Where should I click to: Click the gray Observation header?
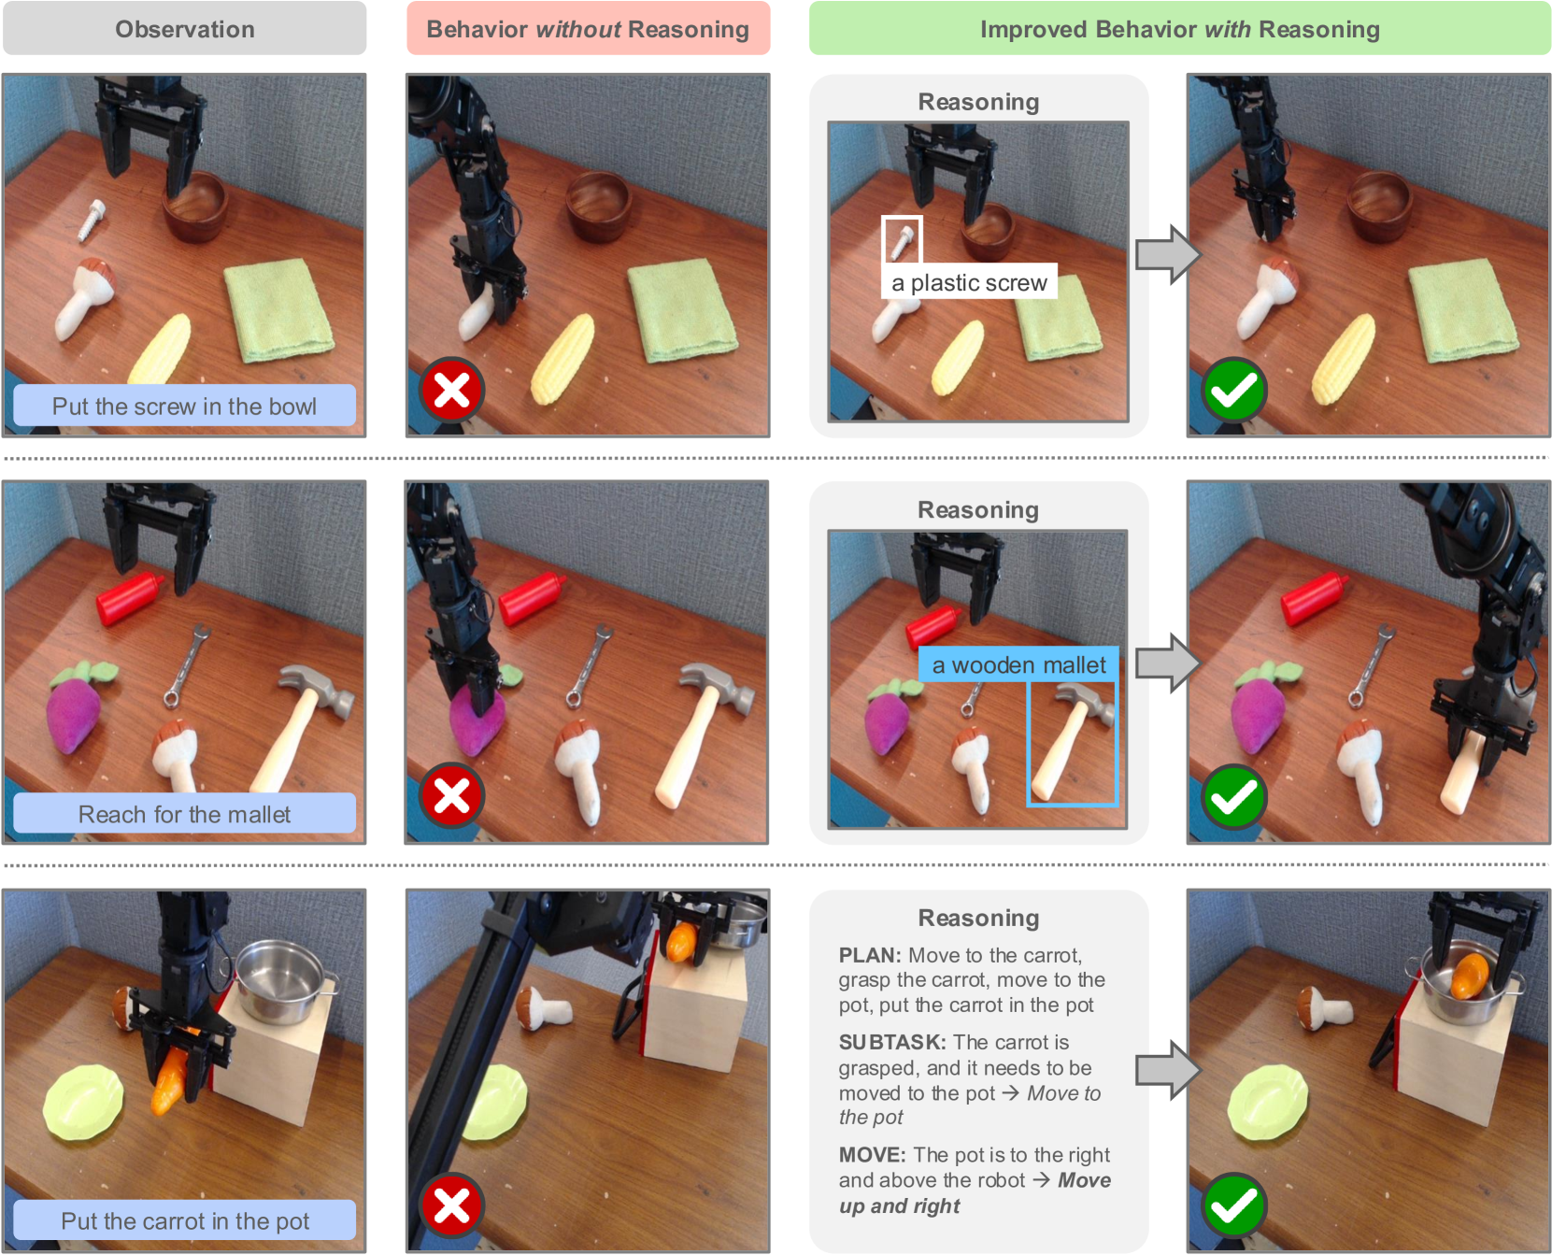184,28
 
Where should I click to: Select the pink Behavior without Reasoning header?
588,28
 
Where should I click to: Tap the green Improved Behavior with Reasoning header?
1179,28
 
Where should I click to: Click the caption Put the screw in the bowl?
184,406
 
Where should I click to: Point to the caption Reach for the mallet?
184,814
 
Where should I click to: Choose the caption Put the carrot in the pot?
184,1220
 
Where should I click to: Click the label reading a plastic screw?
969,282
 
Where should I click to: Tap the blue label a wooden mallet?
1018,664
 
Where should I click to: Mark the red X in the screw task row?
451,390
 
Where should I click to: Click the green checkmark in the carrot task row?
1233,1205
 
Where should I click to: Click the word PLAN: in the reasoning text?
869,955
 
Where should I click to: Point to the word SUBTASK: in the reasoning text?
892,1042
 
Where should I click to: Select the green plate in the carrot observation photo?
83,1104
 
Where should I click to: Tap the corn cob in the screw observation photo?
161,349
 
